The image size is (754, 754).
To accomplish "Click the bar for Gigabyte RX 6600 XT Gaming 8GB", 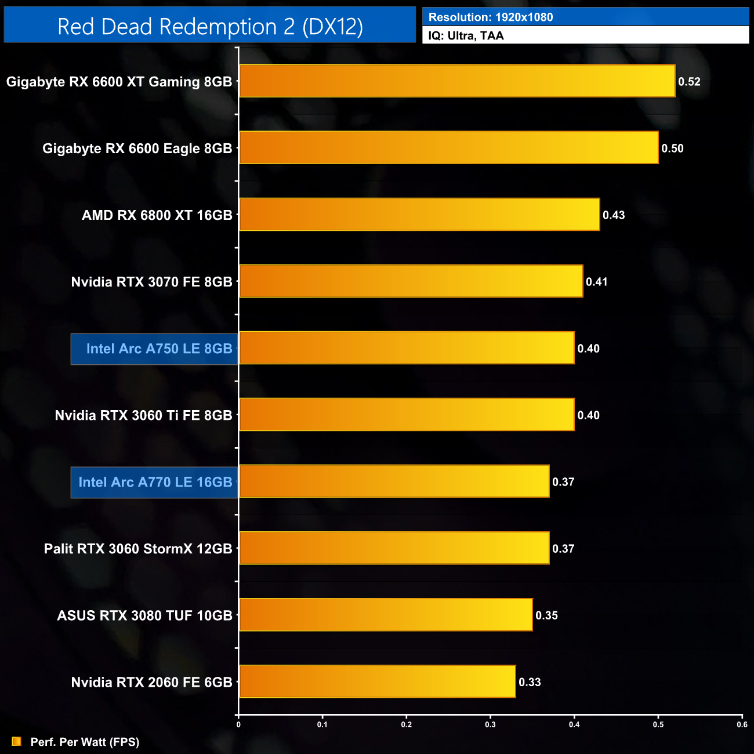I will [x=457, y=81].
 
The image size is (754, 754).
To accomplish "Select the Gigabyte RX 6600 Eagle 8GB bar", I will [x=449, y=148].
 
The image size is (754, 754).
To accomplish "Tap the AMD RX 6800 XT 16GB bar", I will [x=419, y=215].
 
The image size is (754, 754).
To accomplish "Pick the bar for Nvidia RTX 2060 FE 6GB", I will [x=378, y=681].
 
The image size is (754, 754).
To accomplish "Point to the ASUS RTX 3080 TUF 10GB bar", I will [x=386, y=615].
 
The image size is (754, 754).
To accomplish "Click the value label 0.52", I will [x=689, y=82].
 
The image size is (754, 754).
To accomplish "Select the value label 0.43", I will [x=614, y=215].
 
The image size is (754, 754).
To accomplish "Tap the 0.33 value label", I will [x=530, y=682].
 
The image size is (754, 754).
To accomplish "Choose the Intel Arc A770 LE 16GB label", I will [x=155, y=482].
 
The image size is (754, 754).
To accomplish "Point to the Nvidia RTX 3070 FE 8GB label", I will [x=151, y=282].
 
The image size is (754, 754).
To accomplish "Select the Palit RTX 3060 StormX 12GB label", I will [x=138, y=549].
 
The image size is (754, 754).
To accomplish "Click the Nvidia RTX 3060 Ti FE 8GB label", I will [x=143, y=415].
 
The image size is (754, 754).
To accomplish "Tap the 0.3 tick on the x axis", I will [x=491, y=724].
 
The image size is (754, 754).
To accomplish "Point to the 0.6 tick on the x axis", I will [x=742, y=724].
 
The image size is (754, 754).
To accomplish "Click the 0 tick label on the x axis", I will [x=238, y=724].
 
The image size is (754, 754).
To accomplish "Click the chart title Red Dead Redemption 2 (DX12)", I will [x=210, y=27].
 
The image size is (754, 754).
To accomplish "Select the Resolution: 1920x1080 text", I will [x=491, y=17].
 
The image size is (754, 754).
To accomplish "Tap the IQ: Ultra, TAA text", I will [x=466, y=36].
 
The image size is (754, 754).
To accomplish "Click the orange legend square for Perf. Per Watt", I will [x=16, y=741].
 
